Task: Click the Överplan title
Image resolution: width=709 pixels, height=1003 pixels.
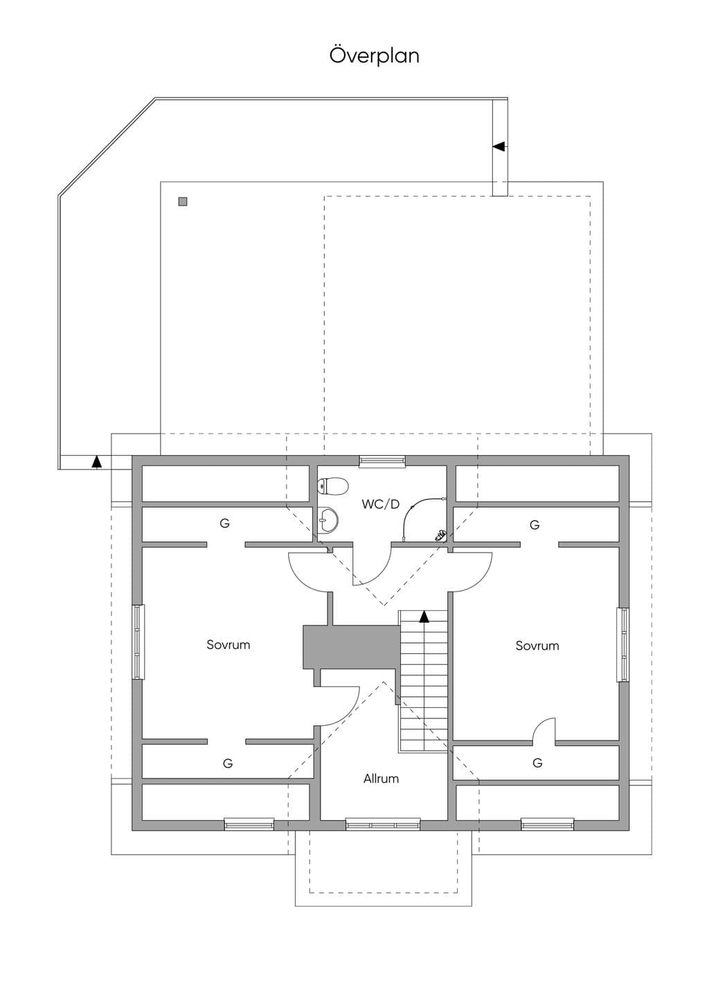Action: pos(374,55)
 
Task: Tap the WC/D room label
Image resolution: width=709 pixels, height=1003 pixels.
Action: pos(380,504)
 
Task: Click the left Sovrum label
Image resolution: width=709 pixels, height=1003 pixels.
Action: pos(228,645)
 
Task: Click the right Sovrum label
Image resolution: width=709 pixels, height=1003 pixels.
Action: pos(537,646)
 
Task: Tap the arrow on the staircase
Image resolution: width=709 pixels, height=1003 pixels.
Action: pos(424,617)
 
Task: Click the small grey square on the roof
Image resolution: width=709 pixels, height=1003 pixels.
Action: pos(183,202)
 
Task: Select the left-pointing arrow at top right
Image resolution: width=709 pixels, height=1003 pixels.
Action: pos(499,146)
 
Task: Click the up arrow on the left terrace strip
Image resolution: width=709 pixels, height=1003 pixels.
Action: pos(96,461)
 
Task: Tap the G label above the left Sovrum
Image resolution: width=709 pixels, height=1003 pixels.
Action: pos(225,523)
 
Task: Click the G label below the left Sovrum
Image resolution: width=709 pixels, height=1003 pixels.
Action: pos(228,763)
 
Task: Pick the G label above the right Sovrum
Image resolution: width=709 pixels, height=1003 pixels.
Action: pos(535,525)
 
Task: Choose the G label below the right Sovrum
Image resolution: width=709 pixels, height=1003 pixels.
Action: pos(537,763)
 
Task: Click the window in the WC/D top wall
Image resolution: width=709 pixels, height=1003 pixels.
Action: pos(382,461)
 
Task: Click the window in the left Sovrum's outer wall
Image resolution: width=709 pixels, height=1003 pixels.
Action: pos(138,642)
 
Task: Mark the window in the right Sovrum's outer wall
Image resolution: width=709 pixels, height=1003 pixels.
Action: pos(622,644)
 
